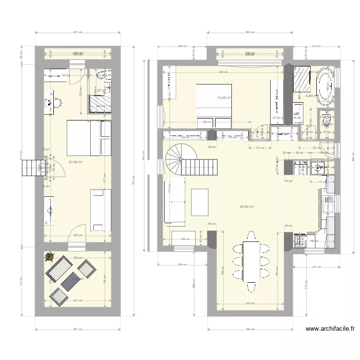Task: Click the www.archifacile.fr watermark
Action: [x=330, y=329]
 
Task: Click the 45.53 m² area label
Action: [x=247, y=207]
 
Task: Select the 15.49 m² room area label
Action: [x=224, y=98]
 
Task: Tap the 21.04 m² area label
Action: [x=76, y=162]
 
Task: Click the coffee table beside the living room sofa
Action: [x=200, y=203]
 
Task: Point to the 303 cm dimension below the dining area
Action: [x=248, y=303]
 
